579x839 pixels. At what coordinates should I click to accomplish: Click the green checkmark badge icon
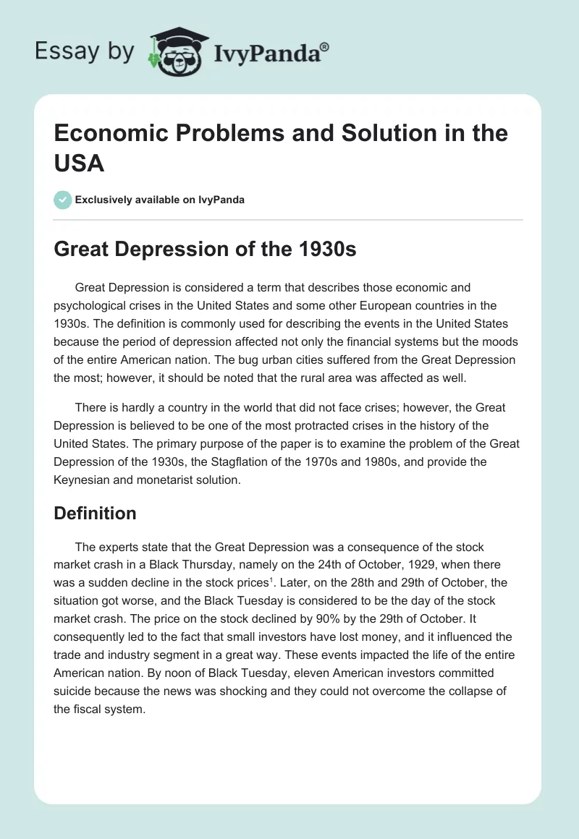pyautogui.click(x=63, y=200)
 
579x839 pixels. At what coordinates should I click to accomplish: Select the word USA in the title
pyautogui.click(x=80, y=163)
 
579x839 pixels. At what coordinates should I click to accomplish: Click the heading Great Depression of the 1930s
pyautogui.click(x=206, y=250)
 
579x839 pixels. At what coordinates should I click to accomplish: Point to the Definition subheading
pyautogui.click(x=96, y=513)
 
